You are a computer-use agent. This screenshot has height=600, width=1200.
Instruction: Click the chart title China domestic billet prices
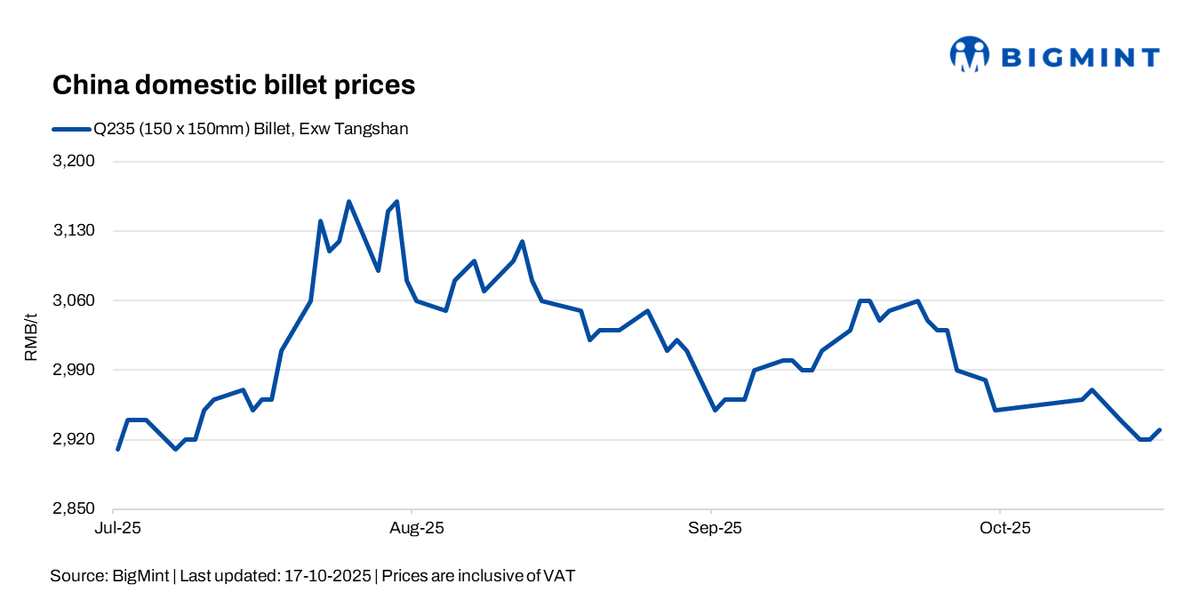point(234,85)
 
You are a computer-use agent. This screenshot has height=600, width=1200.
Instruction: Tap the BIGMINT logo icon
point(969,54)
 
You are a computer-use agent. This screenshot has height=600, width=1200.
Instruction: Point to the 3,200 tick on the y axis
point(76,162)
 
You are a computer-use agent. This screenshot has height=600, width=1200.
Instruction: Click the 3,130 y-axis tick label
point(76,231)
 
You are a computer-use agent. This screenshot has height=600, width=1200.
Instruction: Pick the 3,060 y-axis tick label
point(76,300)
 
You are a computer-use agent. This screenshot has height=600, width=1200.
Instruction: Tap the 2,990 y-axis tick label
point(76,370)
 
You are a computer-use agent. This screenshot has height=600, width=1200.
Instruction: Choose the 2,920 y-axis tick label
point(76,439)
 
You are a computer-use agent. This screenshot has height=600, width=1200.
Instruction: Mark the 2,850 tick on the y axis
point(76,508)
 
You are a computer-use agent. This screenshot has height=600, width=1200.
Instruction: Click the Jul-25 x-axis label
point(116,528)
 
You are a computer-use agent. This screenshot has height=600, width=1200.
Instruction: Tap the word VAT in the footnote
point(558,576)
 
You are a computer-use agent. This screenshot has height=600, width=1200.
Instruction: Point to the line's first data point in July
point(117,450)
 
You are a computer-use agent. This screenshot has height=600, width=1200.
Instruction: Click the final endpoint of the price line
point(1160,430)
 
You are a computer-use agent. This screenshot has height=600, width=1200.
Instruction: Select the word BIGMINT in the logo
point(1080,58)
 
